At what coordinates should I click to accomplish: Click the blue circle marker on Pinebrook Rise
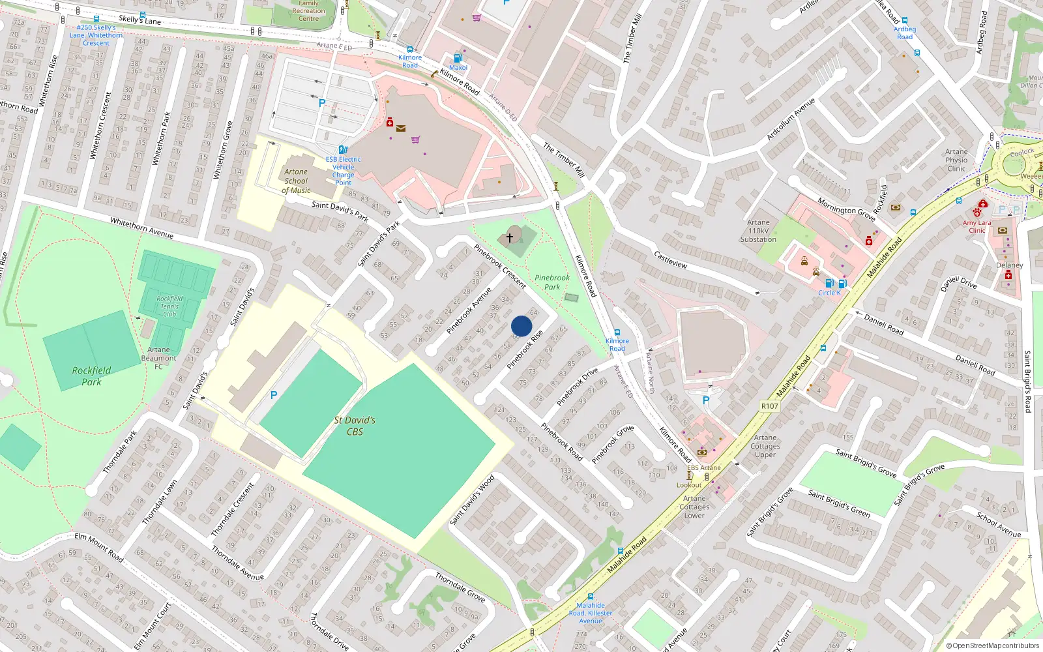point(521,326)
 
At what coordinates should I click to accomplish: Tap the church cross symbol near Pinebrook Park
point(510,238)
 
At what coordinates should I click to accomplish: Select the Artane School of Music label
point(296,181)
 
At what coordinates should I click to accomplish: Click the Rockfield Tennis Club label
point(169,306)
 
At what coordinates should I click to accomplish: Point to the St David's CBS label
point(355,426)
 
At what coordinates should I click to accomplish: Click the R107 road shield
point(769,406)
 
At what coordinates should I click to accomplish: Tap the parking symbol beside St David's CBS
point(274,395)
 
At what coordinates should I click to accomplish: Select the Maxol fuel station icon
point(458,58)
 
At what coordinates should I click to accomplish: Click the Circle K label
point(829,293)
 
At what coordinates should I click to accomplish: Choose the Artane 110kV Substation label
point(758,231)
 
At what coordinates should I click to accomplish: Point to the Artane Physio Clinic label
point(956,160)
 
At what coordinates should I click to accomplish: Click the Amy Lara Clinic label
point(977,226)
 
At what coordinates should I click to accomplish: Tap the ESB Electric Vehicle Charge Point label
point(343,171)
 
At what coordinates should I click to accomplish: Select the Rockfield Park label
point(91,376)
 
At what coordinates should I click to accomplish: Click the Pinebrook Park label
point(551,282)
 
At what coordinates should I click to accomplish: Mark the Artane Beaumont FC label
point(158,358)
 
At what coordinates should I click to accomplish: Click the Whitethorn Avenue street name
point(141,228)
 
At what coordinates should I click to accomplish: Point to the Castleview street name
point(670,259)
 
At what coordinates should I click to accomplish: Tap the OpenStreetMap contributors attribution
point(992,646)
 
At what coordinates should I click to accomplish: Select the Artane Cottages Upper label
point(765,446)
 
